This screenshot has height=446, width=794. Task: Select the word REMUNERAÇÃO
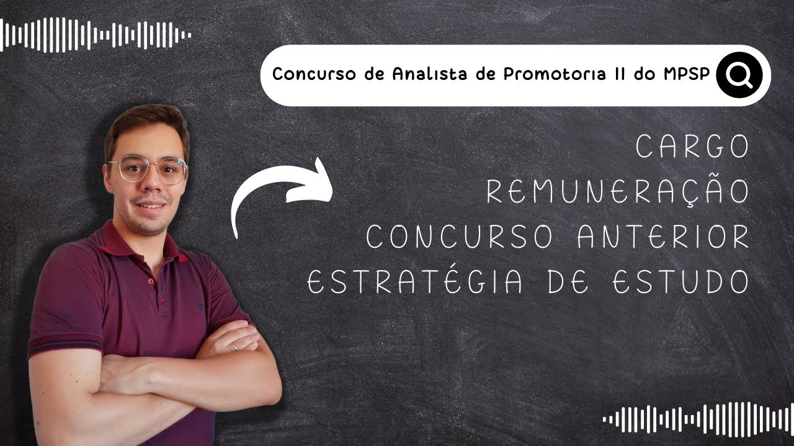(618, 192)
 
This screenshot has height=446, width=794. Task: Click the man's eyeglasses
(147, 168)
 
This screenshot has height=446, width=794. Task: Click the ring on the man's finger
(234, 348)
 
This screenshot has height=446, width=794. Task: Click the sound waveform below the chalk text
(698, 419)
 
